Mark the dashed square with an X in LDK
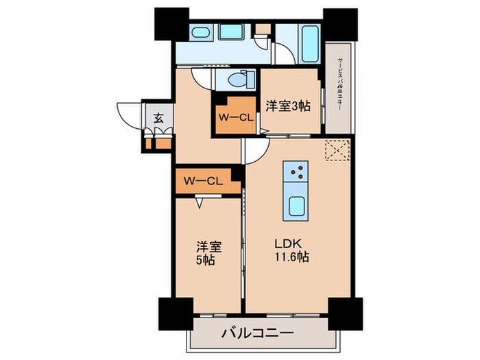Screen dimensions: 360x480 (x=336, y=150)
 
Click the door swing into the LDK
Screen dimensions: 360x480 (x=252, y=152)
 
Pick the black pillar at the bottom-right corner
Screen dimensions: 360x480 (x=341, y=315)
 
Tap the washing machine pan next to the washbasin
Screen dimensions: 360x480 (x=231, y=32)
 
